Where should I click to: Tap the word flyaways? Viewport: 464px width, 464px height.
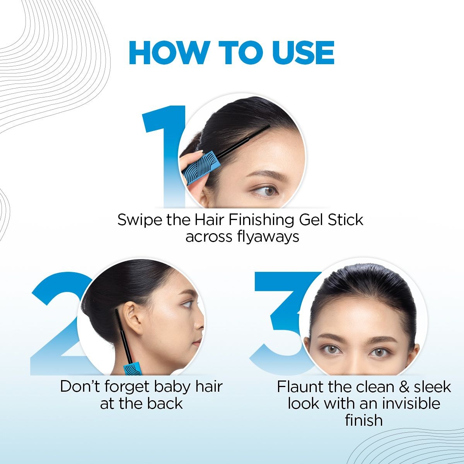point(268,237)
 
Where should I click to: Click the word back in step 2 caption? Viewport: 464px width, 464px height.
point(165,404)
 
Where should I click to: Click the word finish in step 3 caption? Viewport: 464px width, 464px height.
point(363,420)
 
